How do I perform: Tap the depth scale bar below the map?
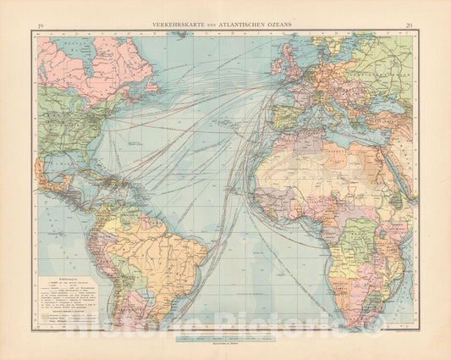[x=225, y=335]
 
